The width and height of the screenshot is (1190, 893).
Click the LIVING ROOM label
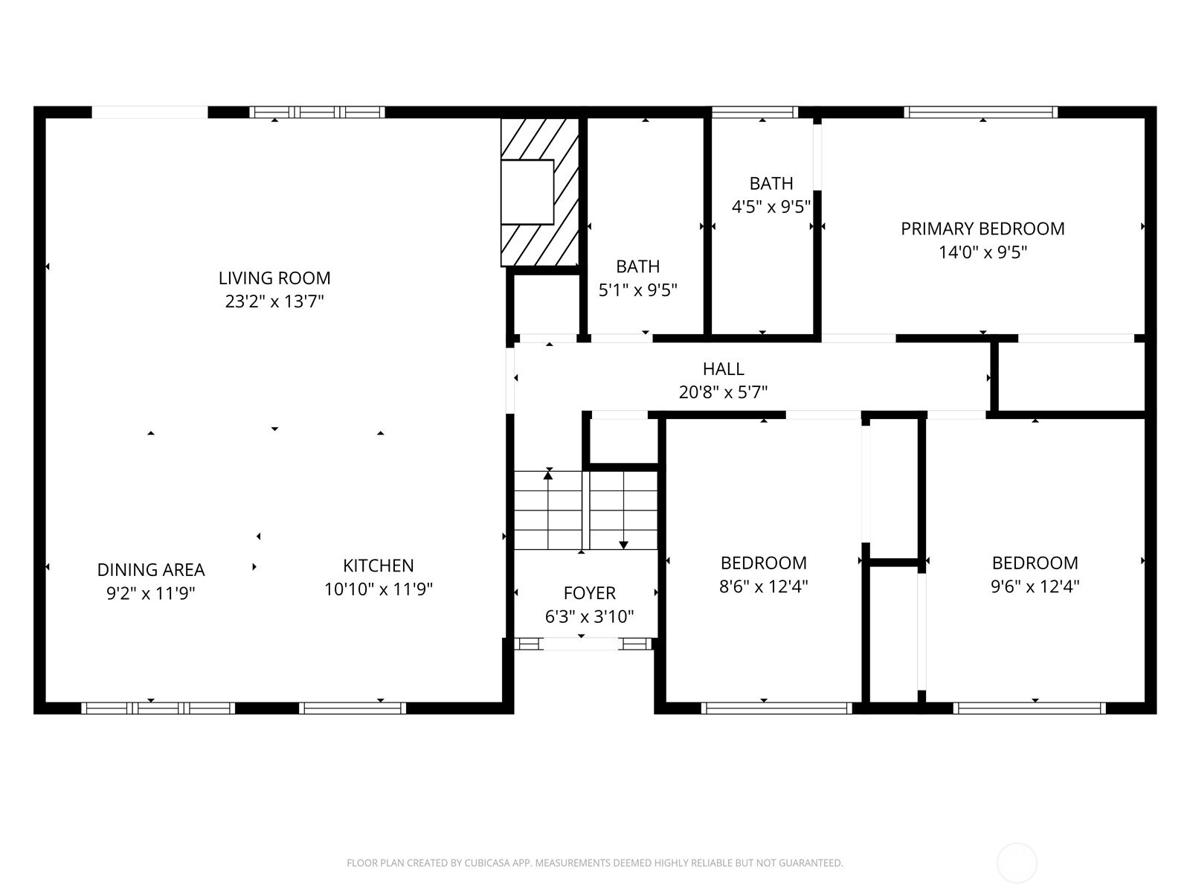tap(274, 278)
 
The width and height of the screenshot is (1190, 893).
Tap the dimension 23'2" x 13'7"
tap(274, 302)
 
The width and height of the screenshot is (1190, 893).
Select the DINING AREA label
tap(151, 570)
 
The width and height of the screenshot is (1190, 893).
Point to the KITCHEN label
tap(379, 566)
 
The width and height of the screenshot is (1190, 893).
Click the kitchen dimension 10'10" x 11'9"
tap(379, 589)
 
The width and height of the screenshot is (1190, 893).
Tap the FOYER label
tap(589, 593)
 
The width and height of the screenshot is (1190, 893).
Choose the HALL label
tap(723, 368)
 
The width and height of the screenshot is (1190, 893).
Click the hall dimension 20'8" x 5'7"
tap(723, 392)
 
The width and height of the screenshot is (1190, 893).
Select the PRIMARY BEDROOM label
tap(982, 228)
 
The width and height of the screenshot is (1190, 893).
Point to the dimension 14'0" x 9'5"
tap(982, 252)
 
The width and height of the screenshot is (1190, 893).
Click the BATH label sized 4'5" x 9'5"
tap(771, 183)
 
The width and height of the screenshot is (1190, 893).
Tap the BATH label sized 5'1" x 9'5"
tap(637, 266)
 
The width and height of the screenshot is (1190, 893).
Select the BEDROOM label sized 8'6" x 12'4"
tap(763, 563)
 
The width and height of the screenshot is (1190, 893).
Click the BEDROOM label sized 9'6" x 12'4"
tap(1035, 563)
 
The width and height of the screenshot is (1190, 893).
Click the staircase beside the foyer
tap(586, 510)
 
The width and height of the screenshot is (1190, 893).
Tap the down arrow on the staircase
tap(623, 544)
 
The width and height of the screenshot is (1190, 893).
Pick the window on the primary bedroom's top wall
tap(981, 112)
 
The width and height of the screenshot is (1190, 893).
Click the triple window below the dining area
tap(158, 708)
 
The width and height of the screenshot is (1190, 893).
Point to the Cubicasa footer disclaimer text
tap(594, 863)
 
